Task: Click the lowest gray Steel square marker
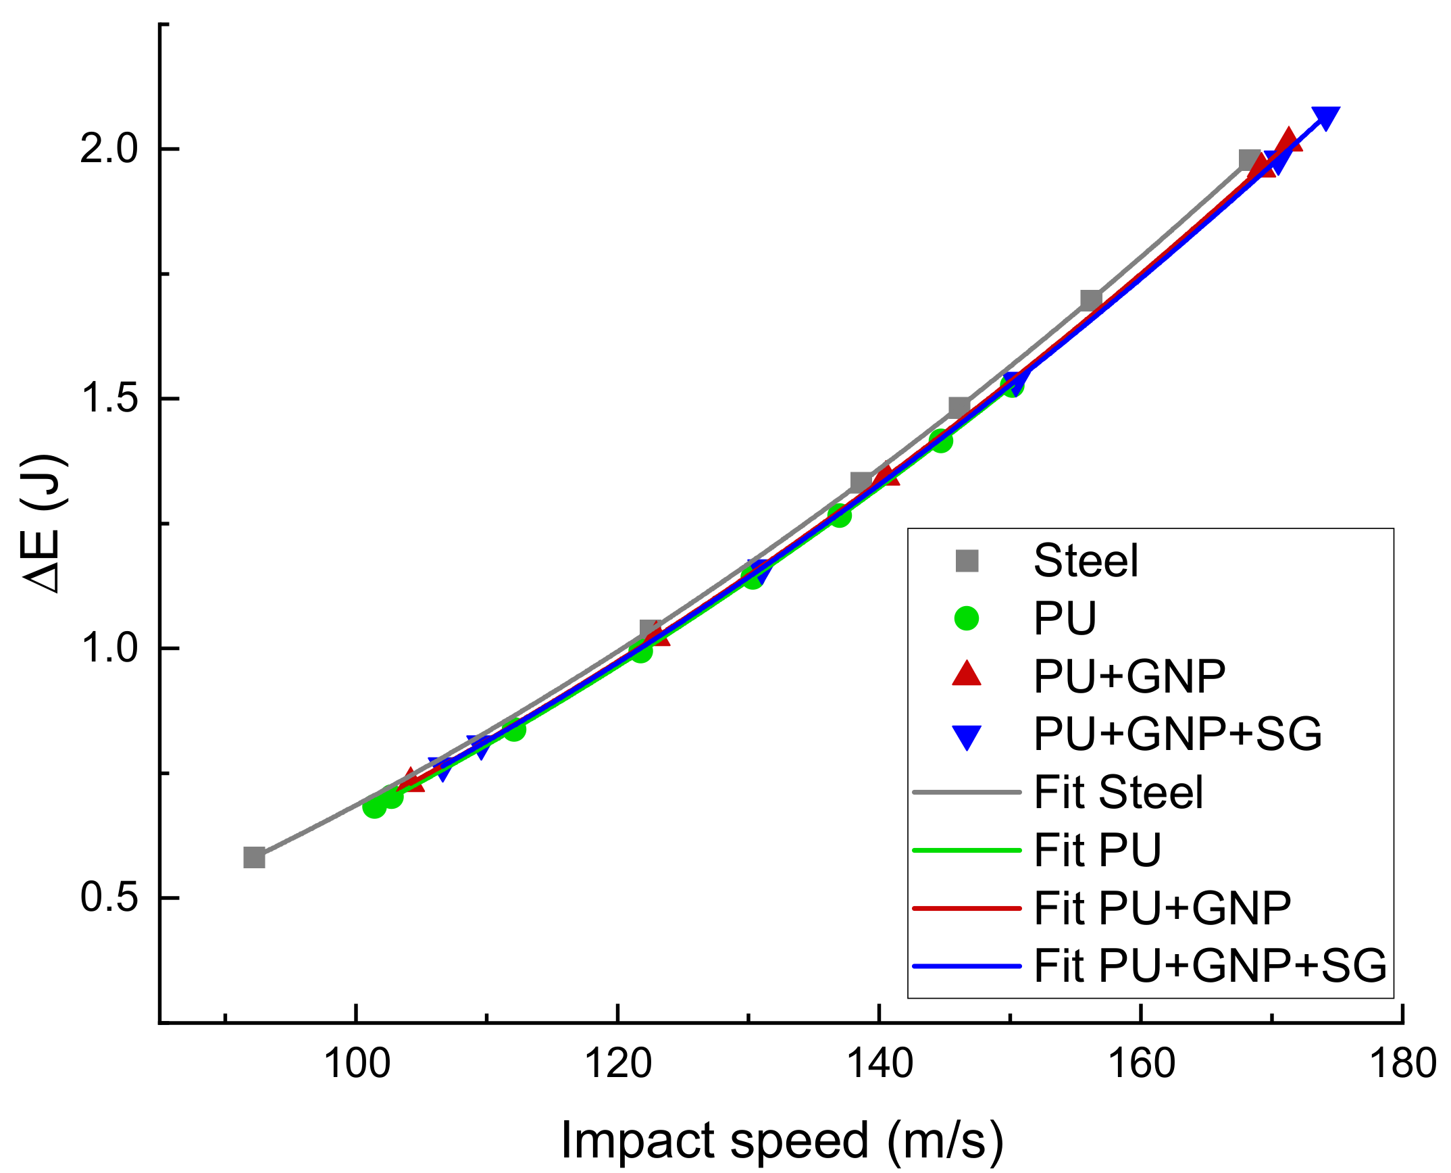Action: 254,857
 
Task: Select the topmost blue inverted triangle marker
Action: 1325,117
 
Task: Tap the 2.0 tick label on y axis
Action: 109,149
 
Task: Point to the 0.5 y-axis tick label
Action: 109,898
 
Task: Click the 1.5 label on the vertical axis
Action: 109,399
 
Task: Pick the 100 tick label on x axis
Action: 357,1064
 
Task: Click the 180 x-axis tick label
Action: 1402,1064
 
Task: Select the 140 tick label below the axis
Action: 879,1064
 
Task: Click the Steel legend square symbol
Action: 967,561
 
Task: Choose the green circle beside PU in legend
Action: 967,618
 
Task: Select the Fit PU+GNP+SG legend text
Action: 1210,966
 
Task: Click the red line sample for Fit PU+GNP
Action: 967,908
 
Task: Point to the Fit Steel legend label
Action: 1118,792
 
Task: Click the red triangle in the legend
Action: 967,674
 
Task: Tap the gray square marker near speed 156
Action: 1091,300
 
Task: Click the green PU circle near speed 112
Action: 514,730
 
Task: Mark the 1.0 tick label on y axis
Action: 109,649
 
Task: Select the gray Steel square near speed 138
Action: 861,482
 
